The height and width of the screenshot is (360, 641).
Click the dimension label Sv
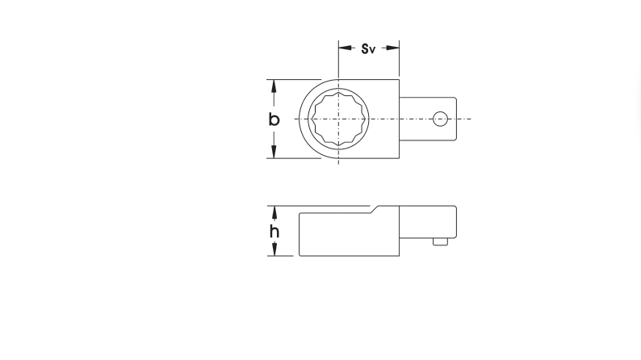368,49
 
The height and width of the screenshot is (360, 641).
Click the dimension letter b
274,119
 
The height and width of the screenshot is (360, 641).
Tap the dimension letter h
274,232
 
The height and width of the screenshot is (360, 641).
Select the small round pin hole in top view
440,119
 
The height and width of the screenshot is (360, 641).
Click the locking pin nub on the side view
440,240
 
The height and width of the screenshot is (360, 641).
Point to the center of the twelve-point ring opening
338,119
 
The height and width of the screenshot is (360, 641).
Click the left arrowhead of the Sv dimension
342,48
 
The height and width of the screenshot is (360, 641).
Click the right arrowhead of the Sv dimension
396,48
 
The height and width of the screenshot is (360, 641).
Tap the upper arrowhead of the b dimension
274,84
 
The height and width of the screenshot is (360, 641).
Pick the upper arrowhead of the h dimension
274,211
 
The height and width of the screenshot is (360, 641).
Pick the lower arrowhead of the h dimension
274,252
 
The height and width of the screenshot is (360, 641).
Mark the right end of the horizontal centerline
470,119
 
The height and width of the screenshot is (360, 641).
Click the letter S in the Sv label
365,49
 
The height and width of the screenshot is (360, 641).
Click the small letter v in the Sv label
372,50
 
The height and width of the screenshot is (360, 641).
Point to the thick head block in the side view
347,234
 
